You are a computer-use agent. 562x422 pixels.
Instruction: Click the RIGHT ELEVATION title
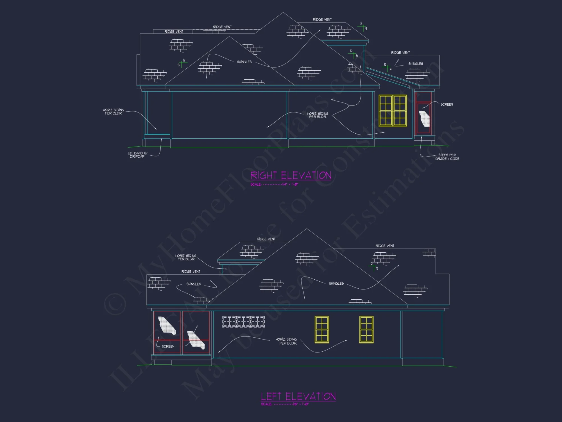[291, 176]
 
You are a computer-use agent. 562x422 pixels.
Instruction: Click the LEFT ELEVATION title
[298, 396]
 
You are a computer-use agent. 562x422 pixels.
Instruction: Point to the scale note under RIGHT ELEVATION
[274, 185]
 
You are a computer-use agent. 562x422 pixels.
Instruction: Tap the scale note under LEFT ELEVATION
[285, 404]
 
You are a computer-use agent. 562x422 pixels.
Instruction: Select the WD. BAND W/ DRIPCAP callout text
[137, 155]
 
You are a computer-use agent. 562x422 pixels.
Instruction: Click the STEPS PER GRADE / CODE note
[447, 157]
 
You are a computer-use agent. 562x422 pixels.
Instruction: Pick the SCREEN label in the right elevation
[447, 104]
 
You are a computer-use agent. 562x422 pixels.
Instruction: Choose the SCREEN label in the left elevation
[168, 346]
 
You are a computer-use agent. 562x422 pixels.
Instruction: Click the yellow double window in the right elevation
[393, 111]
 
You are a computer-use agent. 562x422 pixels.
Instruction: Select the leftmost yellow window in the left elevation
[322, 330]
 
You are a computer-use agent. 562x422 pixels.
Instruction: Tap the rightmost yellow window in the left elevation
[366, 330]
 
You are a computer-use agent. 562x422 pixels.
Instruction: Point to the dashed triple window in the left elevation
[243, 322]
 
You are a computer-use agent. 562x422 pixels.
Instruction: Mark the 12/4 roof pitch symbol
[387, 67]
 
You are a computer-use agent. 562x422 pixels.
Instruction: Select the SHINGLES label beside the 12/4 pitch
[416, 64]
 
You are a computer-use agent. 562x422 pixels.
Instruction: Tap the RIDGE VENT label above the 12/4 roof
[400, 53]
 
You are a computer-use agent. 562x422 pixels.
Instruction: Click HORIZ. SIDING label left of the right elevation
[114, 112]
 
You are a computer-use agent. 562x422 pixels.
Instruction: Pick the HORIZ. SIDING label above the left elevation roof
[186, 257]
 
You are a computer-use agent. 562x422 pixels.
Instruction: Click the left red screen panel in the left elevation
[167, 332]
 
